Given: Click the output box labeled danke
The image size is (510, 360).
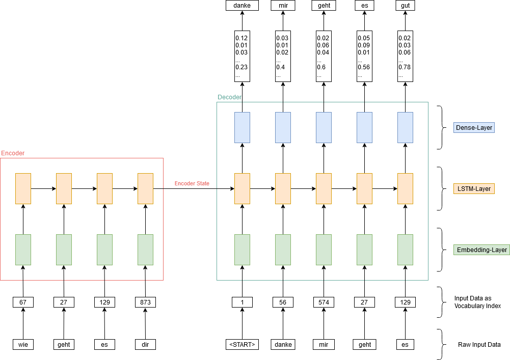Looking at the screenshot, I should (x=242, y=6).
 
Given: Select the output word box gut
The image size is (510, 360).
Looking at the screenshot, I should (x=405, y=6).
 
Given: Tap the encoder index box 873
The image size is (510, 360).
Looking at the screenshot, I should (x=145, y=302).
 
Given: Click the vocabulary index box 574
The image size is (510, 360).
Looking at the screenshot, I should (x=324, y=302).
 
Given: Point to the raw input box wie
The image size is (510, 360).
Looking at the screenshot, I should (x=23, y=344).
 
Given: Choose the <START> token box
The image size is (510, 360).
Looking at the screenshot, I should (x=242, y=344).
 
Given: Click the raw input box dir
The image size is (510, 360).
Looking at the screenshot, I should (x=145, y=344).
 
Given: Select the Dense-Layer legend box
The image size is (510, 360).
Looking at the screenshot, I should (x=473, y=127).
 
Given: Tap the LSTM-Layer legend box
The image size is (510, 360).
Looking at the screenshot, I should (x=473, y=189).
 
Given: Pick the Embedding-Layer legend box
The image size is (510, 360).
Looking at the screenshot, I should (x=481, y=250).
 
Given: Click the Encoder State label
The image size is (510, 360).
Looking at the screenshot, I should (x=192, y=183).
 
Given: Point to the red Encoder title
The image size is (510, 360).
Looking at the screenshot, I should (x=13, y=153).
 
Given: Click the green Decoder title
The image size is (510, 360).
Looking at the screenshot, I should (x=229, y=97).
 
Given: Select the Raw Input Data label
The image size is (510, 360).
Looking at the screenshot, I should (x=479, y=345).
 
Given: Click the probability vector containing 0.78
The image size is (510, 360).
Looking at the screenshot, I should (x=405, y=56).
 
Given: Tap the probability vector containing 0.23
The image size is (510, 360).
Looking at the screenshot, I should (x=242, y=56).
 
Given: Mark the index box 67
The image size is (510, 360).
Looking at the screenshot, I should (x=23, y=302).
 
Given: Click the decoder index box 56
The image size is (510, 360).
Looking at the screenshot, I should (x=283, y=302).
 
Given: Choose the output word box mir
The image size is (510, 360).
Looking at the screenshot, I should (x=283, y=6).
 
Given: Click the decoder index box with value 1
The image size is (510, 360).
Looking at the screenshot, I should (x=242, y=302).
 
